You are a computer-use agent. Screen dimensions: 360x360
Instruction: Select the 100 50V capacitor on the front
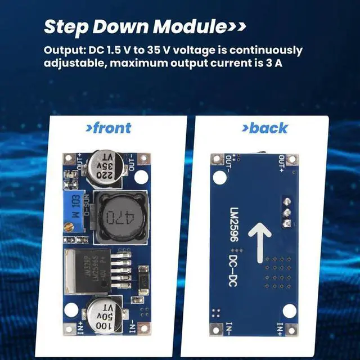tap(102, 316)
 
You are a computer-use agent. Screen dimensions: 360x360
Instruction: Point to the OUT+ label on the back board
tap(281, 163)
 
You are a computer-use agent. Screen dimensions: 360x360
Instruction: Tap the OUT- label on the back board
tap(229, 163)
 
